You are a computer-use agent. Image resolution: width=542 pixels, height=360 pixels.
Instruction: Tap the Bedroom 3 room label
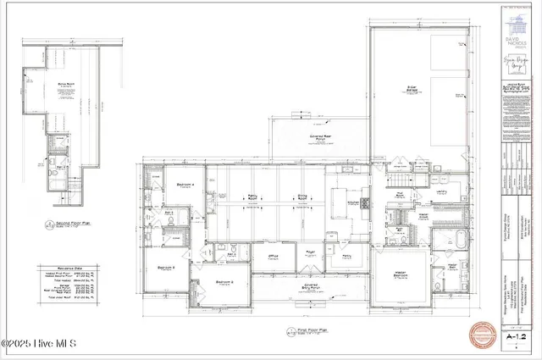point(166,269)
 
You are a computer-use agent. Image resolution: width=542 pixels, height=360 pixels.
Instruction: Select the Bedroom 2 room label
point(224,282)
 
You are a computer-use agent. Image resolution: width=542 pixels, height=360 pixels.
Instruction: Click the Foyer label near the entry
point(311,252)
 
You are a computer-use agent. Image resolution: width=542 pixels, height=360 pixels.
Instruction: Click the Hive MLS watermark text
point(39,343)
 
